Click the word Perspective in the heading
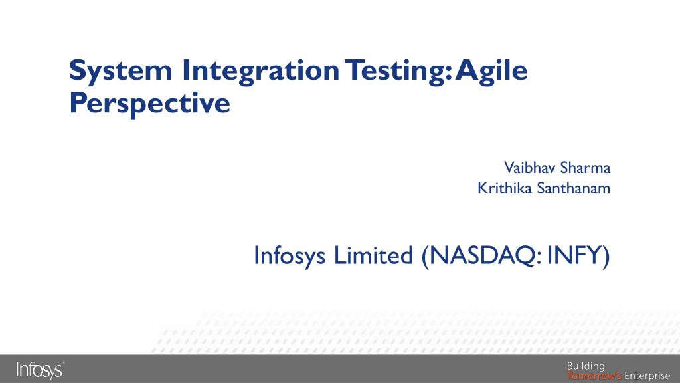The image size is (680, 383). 149,103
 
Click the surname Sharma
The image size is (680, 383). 585,166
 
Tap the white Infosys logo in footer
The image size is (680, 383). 37,370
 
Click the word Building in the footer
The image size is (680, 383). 585,366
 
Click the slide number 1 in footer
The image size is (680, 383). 636,376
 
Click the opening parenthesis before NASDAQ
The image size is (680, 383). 424,256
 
